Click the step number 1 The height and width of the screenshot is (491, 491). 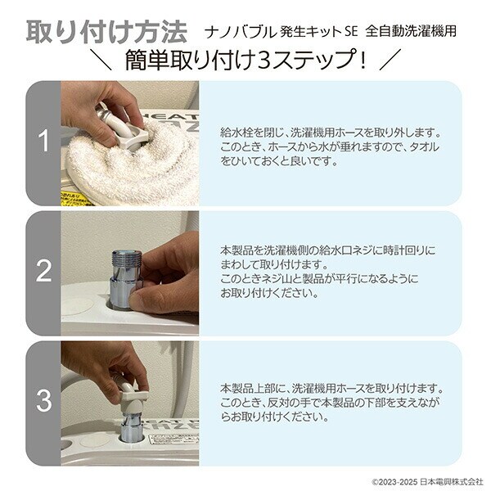(x=43, y=141)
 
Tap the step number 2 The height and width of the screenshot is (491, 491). (x=43, y=271)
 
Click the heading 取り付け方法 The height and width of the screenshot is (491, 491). (x=106, y=32)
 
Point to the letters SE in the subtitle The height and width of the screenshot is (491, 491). (x=351, y=32)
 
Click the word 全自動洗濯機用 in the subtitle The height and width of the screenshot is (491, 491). (x=411, y=31)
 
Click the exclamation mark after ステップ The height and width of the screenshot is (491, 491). (x=363, y=60)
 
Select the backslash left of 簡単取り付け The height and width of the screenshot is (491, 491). (x=100, y=59)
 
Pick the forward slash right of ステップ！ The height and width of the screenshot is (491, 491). (x=390, y=59)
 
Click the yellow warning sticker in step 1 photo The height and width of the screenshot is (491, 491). (x=76, y=199)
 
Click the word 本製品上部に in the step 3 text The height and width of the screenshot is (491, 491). (x=253, y=389)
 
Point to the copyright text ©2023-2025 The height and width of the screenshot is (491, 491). (x=394, y=482)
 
